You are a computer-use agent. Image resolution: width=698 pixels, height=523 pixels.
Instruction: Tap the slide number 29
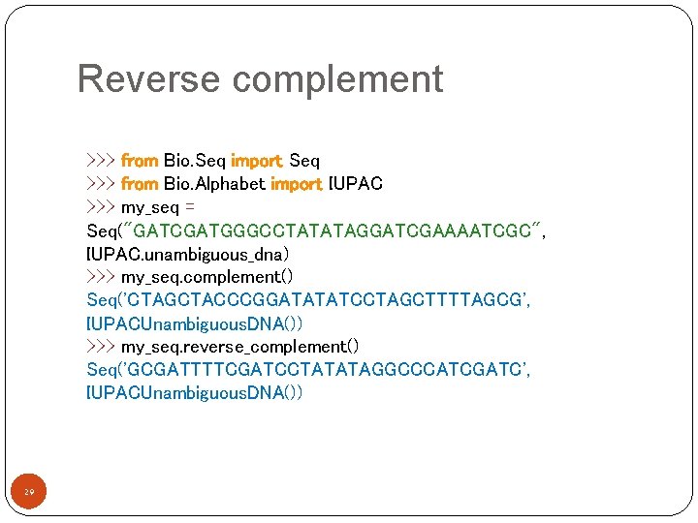coord(29,494)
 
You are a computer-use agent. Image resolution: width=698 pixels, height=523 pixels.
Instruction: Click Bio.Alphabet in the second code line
coord(214,184)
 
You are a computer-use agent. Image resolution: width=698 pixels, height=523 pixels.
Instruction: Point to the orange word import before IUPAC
coord(297,184)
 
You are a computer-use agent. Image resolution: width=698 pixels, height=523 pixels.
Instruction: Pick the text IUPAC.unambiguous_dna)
coord(187,254)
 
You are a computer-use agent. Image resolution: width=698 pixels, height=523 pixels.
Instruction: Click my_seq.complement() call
coord(213,277)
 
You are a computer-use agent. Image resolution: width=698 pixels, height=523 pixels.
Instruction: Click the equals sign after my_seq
coord(190,207)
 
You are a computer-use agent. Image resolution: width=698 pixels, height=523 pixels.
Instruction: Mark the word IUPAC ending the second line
coord(357,184)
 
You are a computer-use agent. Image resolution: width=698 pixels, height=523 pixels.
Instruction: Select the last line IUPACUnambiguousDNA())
coord(194,393)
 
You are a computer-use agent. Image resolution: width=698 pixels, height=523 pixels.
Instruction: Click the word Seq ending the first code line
coord(304,161)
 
